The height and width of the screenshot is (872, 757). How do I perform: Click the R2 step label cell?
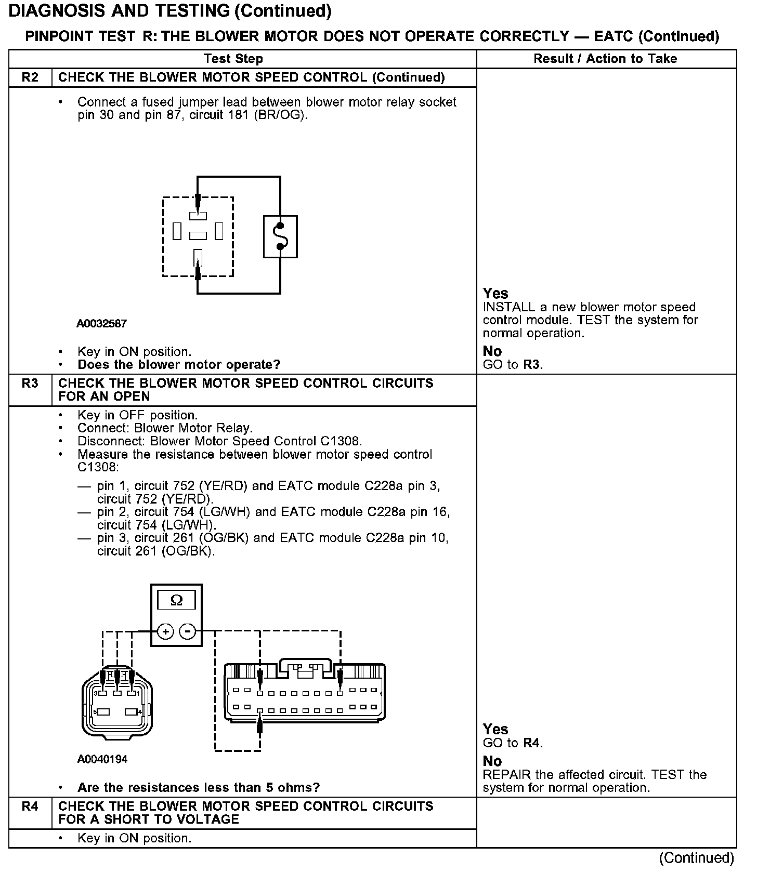(x=30, y=77)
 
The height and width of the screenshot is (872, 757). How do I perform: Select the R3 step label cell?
(x=30, y=384)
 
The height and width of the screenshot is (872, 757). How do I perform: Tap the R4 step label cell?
(x=30, y=807)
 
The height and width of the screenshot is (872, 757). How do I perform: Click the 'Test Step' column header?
(x=233, y=59)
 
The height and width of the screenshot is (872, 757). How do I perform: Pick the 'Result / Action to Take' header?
(x=605, y=59)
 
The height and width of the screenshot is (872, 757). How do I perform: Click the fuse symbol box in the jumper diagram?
(x=280, y=236)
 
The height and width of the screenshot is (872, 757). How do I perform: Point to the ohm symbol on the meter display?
(x=176, y=601)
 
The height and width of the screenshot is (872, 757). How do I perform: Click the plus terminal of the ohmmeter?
(x=165, y=632)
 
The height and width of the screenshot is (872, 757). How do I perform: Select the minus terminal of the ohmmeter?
(x=187, y=632)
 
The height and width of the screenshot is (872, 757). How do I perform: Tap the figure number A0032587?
(x=101, y=324)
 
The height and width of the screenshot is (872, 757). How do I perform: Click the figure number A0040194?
(x=102, y=759)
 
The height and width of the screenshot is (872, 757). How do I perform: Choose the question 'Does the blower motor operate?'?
(x=179, y=365)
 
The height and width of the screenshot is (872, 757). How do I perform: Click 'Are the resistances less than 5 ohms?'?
(x=199, y=788)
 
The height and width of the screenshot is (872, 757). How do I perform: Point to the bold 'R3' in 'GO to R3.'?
(x=531, y=365)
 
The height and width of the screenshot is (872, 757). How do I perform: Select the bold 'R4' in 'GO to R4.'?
(x=531, y=743)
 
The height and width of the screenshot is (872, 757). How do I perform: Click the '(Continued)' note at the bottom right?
(x=696, y=858)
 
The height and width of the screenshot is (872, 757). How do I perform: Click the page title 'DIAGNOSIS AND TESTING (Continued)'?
(x=170, y=11)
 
